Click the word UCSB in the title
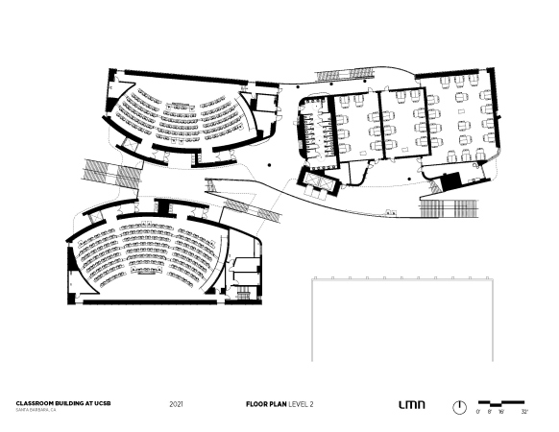[x=103, y=403]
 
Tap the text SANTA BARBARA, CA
[x=36, y=410]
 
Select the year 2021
[x=176, y=404]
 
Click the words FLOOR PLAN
[x=266, y=404]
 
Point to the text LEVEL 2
[x=301, y=404]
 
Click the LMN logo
[x=412, y=404]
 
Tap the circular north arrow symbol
[x=459, y=407]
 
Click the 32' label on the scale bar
[x=524, y=412]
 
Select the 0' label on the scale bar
[x=478, y=412]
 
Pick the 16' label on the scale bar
[x=501, y=412]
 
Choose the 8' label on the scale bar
[x=490, y=412]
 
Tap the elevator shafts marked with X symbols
[x=316, y=181]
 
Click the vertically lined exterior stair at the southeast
[x=449, y=207]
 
